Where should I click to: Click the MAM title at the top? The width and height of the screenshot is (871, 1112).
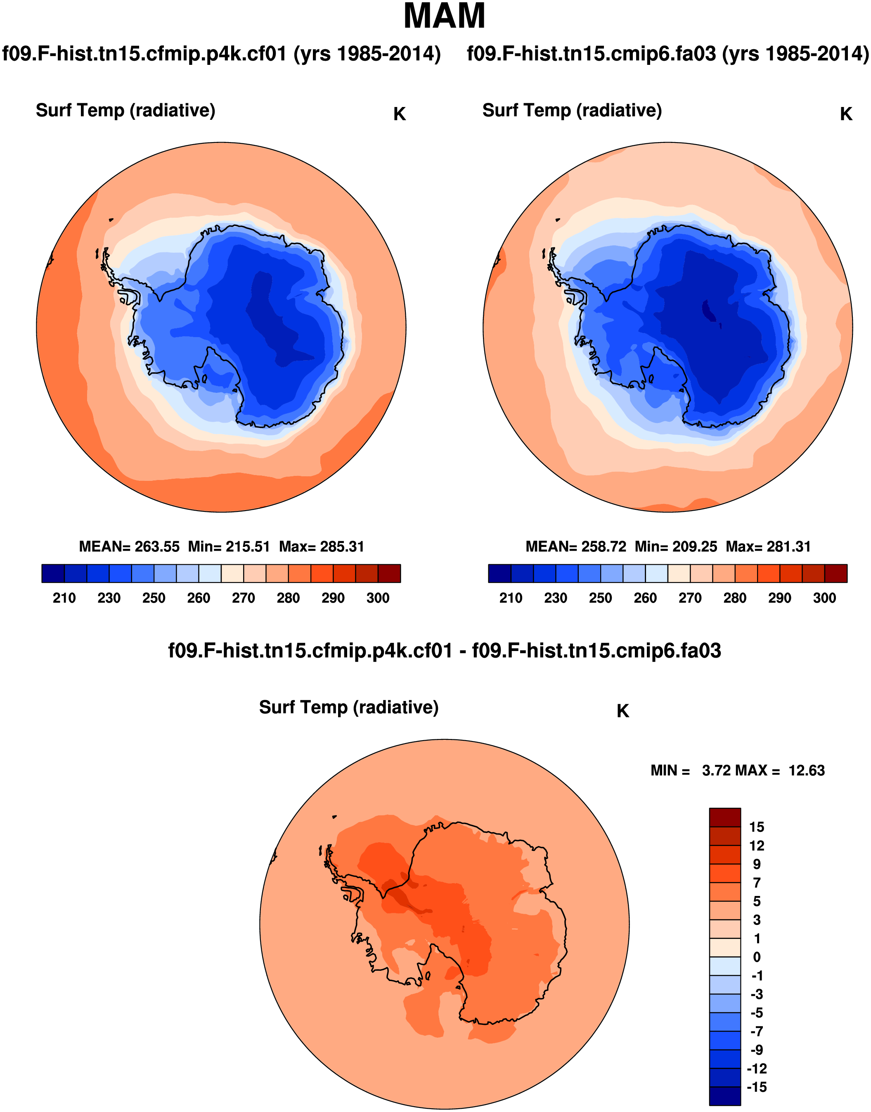point(444,17)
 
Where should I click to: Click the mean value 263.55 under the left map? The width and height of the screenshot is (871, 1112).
point(157,546)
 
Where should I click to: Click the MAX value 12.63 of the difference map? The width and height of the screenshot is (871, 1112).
point(806,770)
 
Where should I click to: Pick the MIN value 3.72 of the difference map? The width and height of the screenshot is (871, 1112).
point(717,770)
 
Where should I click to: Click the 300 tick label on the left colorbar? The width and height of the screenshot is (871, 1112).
point(378,598)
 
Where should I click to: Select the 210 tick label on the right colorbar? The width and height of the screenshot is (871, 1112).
point(511,598)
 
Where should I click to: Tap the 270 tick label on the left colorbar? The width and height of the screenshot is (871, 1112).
point(243,598)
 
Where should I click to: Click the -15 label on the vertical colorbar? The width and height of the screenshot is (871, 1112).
point(756,1088)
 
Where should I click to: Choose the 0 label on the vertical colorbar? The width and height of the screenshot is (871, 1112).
point(757,958)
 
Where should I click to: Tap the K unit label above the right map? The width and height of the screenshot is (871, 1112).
point(846,114)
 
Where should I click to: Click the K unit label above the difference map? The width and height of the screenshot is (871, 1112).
point(622,711)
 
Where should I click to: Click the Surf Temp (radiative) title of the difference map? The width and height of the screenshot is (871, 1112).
point(349,707)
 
